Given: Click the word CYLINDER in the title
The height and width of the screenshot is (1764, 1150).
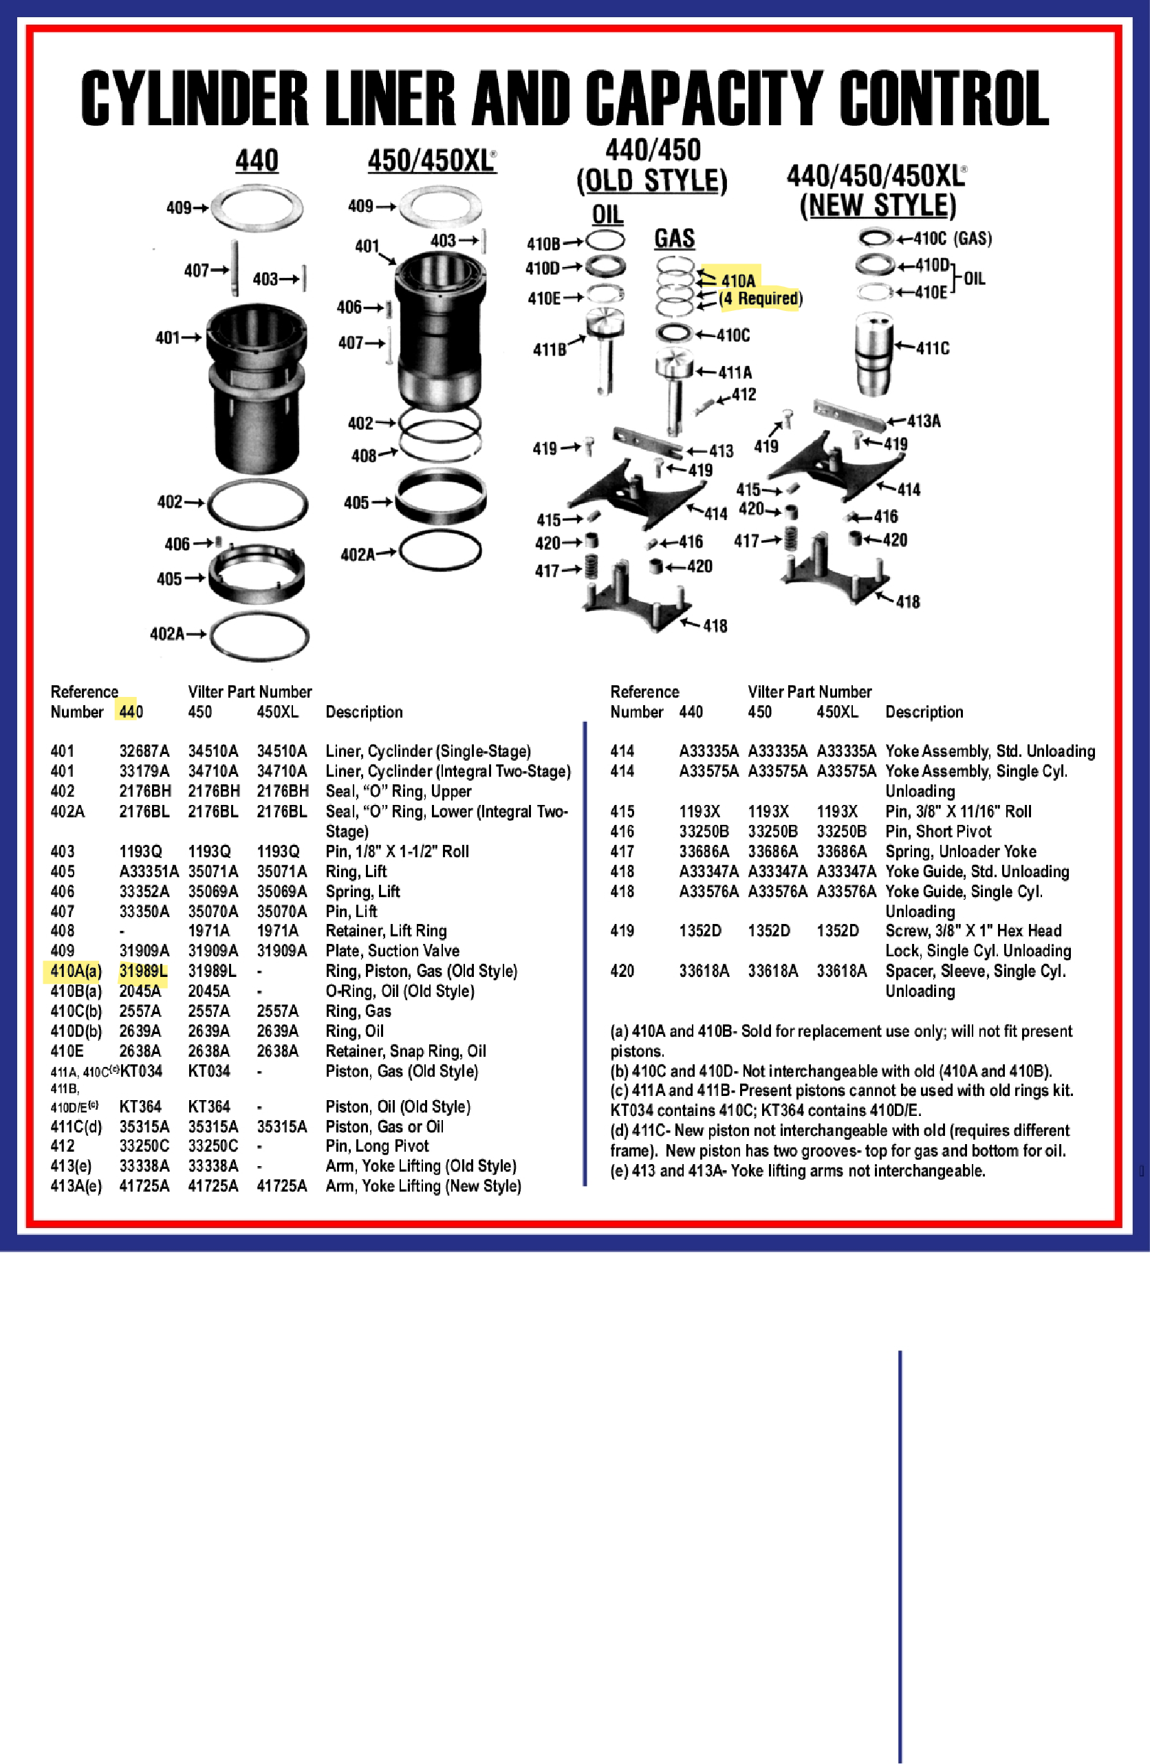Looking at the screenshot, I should tap(194, 98).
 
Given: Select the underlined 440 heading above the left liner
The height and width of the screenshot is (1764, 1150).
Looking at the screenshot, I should tap(257, 161).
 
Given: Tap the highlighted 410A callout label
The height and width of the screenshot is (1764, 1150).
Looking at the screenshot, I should tap(738, 281).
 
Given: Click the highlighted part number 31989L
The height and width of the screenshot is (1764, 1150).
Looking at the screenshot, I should tap(143, 971).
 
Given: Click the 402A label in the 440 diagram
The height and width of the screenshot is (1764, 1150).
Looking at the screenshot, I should tap(166, 634).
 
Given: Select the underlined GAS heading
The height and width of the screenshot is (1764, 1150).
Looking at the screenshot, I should tap(673, 239).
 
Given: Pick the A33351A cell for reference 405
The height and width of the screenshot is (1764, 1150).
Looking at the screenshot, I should tap(148, 872).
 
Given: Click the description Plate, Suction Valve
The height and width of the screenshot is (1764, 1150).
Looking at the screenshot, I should tap(392, 951).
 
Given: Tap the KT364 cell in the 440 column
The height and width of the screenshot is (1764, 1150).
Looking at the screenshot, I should tap(140, 1106).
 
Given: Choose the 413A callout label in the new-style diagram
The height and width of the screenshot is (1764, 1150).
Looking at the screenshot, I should tap(923, 422).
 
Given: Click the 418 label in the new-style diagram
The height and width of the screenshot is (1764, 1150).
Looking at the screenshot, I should tap(908, 602).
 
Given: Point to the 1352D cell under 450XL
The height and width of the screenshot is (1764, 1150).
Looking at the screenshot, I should tap(837, 931).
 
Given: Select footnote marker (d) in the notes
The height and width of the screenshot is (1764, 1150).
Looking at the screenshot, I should tap(620, 1130).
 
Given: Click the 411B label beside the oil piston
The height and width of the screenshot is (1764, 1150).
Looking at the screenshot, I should tap(549, 349).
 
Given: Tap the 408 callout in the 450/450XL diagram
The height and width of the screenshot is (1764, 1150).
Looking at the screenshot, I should tap(364, 456).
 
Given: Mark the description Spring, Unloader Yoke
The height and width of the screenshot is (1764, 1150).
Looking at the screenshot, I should tap(960, 852).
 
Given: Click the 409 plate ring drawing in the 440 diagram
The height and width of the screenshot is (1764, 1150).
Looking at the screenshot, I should tap(257, 208).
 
